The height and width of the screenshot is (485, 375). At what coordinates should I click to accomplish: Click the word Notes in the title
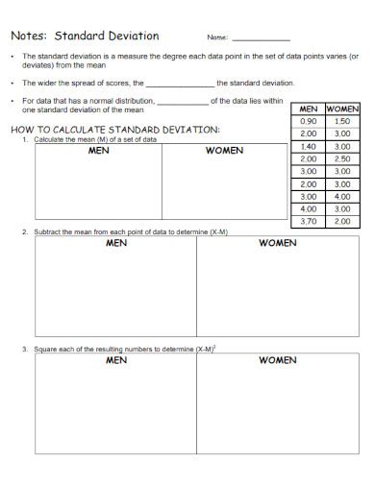25,36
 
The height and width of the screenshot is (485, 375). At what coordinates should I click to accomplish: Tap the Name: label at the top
217,37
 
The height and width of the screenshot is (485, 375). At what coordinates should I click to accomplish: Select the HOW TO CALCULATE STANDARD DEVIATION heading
114,129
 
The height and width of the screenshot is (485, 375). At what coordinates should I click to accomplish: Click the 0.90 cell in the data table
309,122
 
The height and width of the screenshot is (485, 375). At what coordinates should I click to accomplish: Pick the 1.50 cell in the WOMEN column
341,122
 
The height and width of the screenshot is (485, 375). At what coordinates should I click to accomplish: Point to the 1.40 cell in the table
309,146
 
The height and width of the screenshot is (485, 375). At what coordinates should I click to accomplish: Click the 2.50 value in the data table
341,158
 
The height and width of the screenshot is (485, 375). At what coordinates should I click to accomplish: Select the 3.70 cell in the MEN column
309,221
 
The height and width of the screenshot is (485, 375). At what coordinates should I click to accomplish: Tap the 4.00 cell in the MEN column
309,208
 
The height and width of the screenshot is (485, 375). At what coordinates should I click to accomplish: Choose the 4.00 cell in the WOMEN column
341,196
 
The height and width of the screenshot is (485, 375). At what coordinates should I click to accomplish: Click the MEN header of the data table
309,109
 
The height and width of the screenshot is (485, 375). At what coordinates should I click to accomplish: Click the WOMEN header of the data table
341,109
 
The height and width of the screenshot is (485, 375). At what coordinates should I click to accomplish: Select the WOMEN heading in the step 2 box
277,243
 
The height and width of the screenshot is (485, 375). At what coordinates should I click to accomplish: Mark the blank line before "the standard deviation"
181,85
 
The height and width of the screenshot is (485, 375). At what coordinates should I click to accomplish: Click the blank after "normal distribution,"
181,100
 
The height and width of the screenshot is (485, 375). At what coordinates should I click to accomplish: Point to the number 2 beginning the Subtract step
24,232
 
